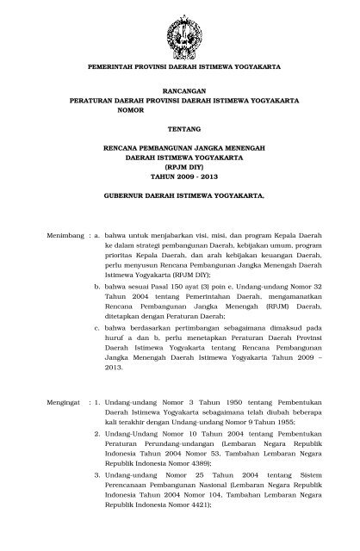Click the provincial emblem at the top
(180, 28)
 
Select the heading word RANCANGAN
(180, 90)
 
